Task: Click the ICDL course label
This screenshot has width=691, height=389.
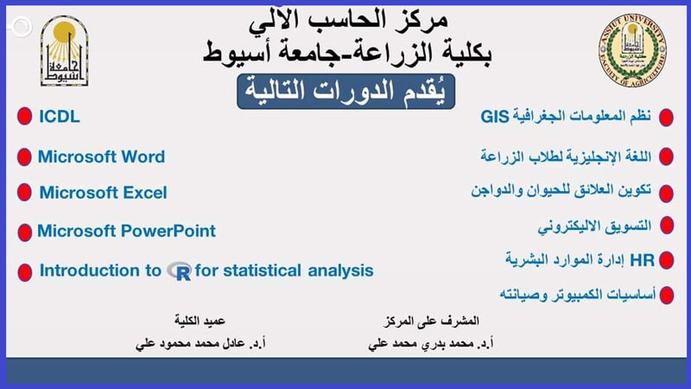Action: [60, 117]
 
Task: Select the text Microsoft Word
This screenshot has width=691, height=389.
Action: [101, 157]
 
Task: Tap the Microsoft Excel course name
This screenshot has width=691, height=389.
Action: [103, 193]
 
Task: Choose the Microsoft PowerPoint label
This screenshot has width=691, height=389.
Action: [126, 232]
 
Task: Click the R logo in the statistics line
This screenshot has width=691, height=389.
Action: [180, 271]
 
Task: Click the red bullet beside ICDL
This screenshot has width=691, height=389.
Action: [23, 118]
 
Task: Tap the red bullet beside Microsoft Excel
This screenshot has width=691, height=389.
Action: [23, 193]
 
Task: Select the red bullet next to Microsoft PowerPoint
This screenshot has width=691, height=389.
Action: [23, 233]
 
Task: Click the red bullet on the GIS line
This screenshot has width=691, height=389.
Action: [667, 117]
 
